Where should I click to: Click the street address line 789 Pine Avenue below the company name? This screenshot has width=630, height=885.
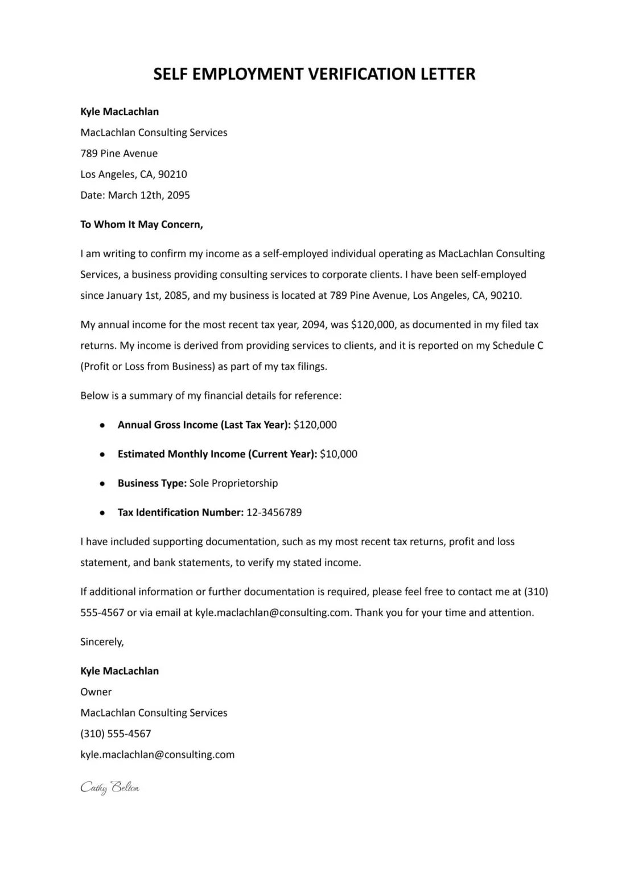119,153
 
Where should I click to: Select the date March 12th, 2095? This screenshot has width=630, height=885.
149,195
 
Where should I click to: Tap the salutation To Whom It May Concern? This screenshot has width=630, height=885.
141,224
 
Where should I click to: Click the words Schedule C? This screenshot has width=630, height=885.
517,345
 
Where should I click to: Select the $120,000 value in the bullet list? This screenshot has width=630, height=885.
315,425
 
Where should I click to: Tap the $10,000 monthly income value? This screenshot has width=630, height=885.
339,454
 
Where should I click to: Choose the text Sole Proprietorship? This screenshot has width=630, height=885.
233,483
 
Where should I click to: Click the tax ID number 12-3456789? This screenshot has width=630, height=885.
274,512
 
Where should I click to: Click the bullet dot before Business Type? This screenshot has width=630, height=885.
102,483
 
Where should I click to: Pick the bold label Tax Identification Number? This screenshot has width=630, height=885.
180,512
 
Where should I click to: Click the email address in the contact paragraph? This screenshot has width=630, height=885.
273,613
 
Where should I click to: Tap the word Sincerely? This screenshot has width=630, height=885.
102,642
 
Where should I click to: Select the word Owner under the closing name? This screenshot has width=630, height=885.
96,692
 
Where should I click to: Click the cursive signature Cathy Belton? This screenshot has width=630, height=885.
110,787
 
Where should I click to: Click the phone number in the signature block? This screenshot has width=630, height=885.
116,734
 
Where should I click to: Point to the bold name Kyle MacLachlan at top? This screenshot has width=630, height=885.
120,112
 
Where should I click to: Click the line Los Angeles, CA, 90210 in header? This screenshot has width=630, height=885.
133,174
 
